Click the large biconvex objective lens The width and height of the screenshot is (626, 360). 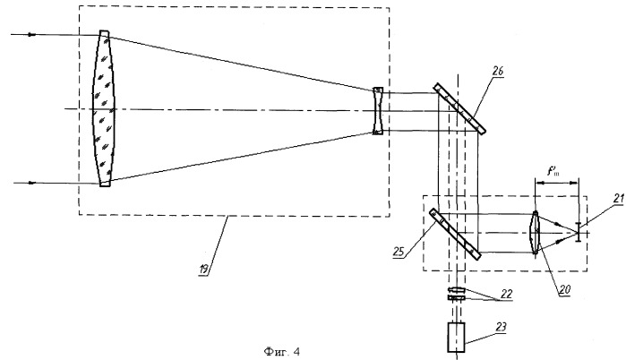[104, 108]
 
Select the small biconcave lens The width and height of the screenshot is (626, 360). [378, 110]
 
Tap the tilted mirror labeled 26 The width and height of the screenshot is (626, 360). [459, 108]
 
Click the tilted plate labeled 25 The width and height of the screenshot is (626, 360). [455, 234]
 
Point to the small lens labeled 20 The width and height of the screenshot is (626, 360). [535, 233]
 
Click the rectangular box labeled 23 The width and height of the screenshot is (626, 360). [457, 338]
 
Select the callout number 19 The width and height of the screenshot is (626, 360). [204, 270]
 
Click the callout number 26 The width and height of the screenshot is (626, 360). [497, 71]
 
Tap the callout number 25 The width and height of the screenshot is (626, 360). [399, 253]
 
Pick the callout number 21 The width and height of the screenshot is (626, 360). [619, 199]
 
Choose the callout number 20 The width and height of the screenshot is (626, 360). [565, 290]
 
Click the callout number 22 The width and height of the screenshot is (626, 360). [506, 294]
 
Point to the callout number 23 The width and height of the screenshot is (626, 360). [501, 327]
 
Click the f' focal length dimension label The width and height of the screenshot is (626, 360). [553, 172]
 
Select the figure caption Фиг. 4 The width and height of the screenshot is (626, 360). [281, 352]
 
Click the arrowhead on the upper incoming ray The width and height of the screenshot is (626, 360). [31, 35]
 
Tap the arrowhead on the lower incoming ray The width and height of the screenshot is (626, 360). [32, 184]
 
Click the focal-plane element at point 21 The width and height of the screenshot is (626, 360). [578, 232]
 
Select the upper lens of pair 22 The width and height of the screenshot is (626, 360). [457, 290]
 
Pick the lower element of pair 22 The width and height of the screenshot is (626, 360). [457, 297]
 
